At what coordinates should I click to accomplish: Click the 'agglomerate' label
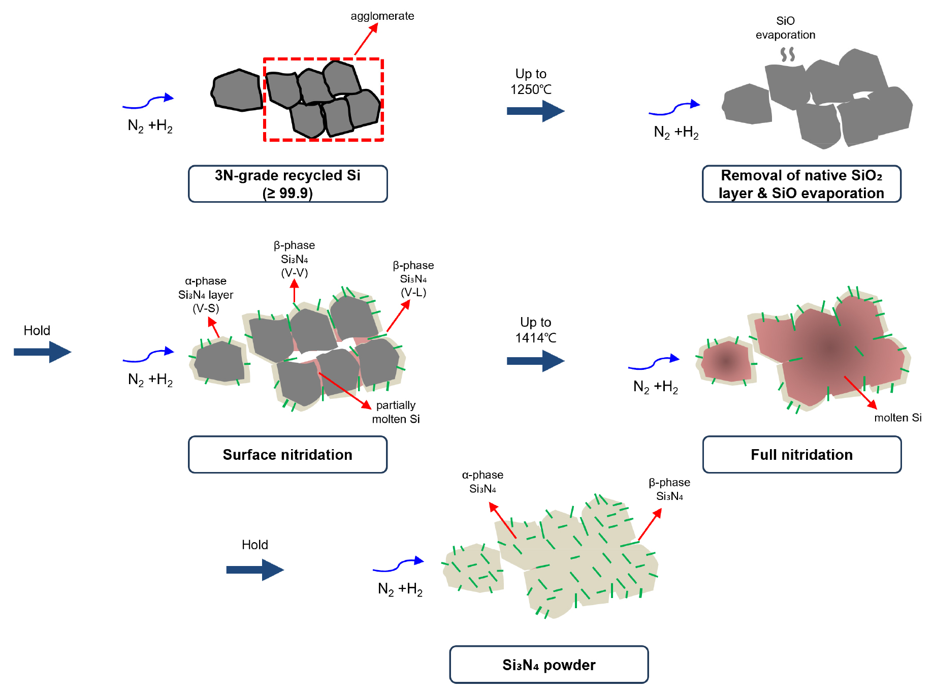point(382,16)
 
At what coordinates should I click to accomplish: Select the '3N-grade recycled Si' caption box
point(287,184)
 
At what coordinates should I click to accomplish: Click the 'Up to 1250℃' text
point(531,82)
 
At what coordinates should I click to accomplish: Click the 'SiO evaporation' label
point(785,28)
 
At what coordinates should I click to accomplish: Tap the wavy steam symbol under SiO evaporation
point(787,54)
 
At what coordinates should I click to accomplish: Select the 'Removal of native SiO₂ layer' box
point(801,184)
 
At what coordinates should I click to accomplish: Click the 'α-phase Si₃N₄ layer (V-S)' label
point(206,295)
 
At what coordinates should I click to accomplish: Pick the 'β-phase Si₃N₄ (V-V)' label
point(295,259)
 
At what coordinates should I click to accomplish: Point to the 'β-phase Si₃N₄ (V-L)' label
point(413,279)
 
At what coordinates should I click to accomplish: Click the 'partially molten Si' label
point(396,412)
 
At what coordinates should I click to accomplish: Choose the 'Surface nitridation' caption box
point(287,455)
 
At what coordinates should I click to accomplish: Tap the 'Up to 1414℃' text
point(535,330)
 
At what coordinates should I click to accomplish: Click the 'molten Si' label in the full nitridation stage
point(897,418)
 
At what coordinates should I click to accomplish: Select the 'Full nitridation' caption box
point(801,455)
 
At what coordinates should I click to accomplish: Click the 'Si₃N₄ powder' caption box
point(549,665)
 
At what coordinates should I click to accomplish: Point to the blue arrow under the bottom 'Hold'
point(254,570)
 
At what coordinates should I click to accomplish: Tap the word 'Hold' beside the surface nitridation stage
point(37,331)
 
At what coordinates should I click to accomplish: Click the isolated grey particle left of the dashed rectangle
point(237,90)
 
